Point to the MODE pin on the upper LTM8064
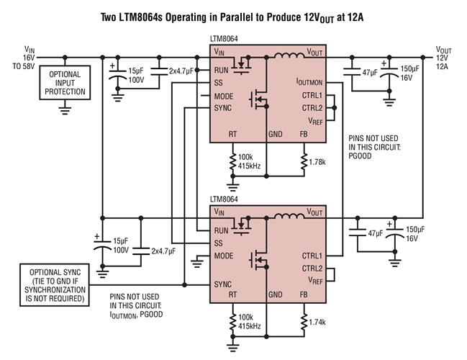pos(224,96)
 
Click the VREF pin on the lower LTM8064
pos(315,280)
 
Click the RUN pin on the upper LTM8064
pos(222,70)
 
